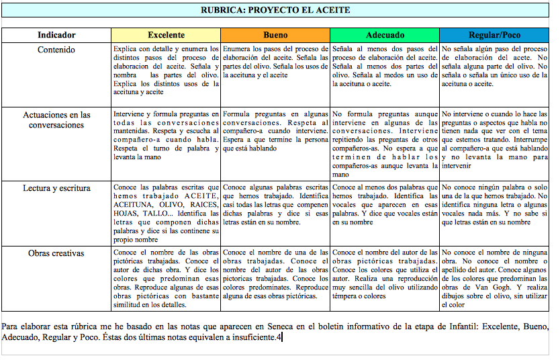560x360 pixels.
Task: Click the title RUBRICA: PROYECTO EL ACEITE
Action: pos(275,10)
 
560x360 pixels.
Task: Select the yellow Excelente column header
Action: pos(166,35)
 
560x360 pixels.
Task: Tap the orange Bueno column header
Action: pos(275,35)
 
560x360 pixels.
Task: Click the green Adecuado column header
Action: pos(385,35)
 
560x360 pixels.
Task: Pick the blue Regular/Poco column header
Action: pos(494,35)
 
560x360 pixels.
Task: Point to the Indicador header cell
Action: pos(56,35)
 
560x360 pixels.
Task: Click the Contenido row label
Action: pos(56,50)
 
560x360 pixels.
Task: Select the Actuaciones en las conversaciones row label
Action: pos(56,120)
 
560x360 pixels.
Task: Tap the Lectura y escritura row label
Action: pos(56,189)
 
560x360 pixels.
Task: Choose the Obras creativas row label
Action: pos(56,253)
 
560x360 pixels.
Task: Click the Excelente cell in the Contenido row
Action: pos(166,71)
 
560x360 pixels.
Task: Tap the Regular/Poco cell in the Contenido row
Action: pos(494,66)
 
